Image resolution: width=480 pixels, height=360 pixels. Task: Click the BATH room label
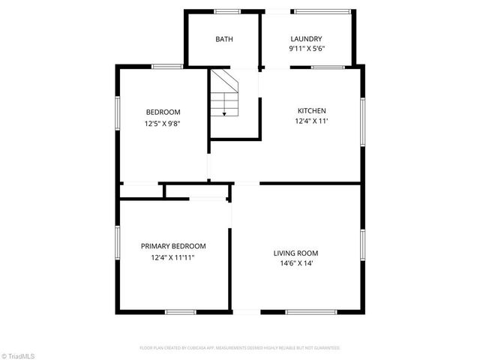(x=223, y=39)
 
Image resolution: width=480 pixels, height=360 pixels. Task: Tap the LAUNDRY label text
(x=306, y=39)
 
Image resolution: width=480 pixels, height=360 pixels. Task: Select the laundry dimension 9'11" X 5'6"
(x=306, y=49)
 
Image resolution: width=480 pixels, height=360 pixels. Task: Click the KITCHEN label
(x=311, y=111)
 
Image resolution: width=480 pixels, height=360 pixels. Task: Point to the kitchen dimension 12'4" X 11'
(x=311, y=121)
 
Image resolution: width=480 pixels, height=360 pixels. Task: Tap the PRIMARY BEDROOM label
(x=173, y=246)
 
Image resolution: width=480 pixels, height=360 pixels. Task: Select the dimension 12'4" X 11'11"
(x=173, y=257)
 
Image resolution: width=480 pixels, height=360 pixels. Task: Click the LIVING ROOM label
(x=295, y=253)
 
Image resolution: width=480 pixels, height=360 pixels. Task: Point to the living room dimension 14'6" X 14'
(x=295, y=263)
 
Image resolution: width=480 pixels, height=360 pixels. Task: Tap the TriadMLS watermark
(x=19, y=355)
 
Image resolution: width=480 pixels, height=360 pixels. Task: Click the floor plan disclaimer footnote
(x=240, y=348)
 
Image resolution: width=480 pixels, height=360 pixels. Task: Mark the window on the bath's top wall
(x=227, y=11)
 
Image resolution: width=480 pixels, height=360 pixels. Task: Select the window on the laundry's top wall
(x=322, y=11)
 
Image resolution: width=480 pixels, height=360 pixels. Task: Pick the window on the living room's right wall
(x=363, y=248)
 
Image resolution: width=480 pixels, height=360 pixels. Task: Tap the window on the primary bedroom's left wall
(x=117, y=244)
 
